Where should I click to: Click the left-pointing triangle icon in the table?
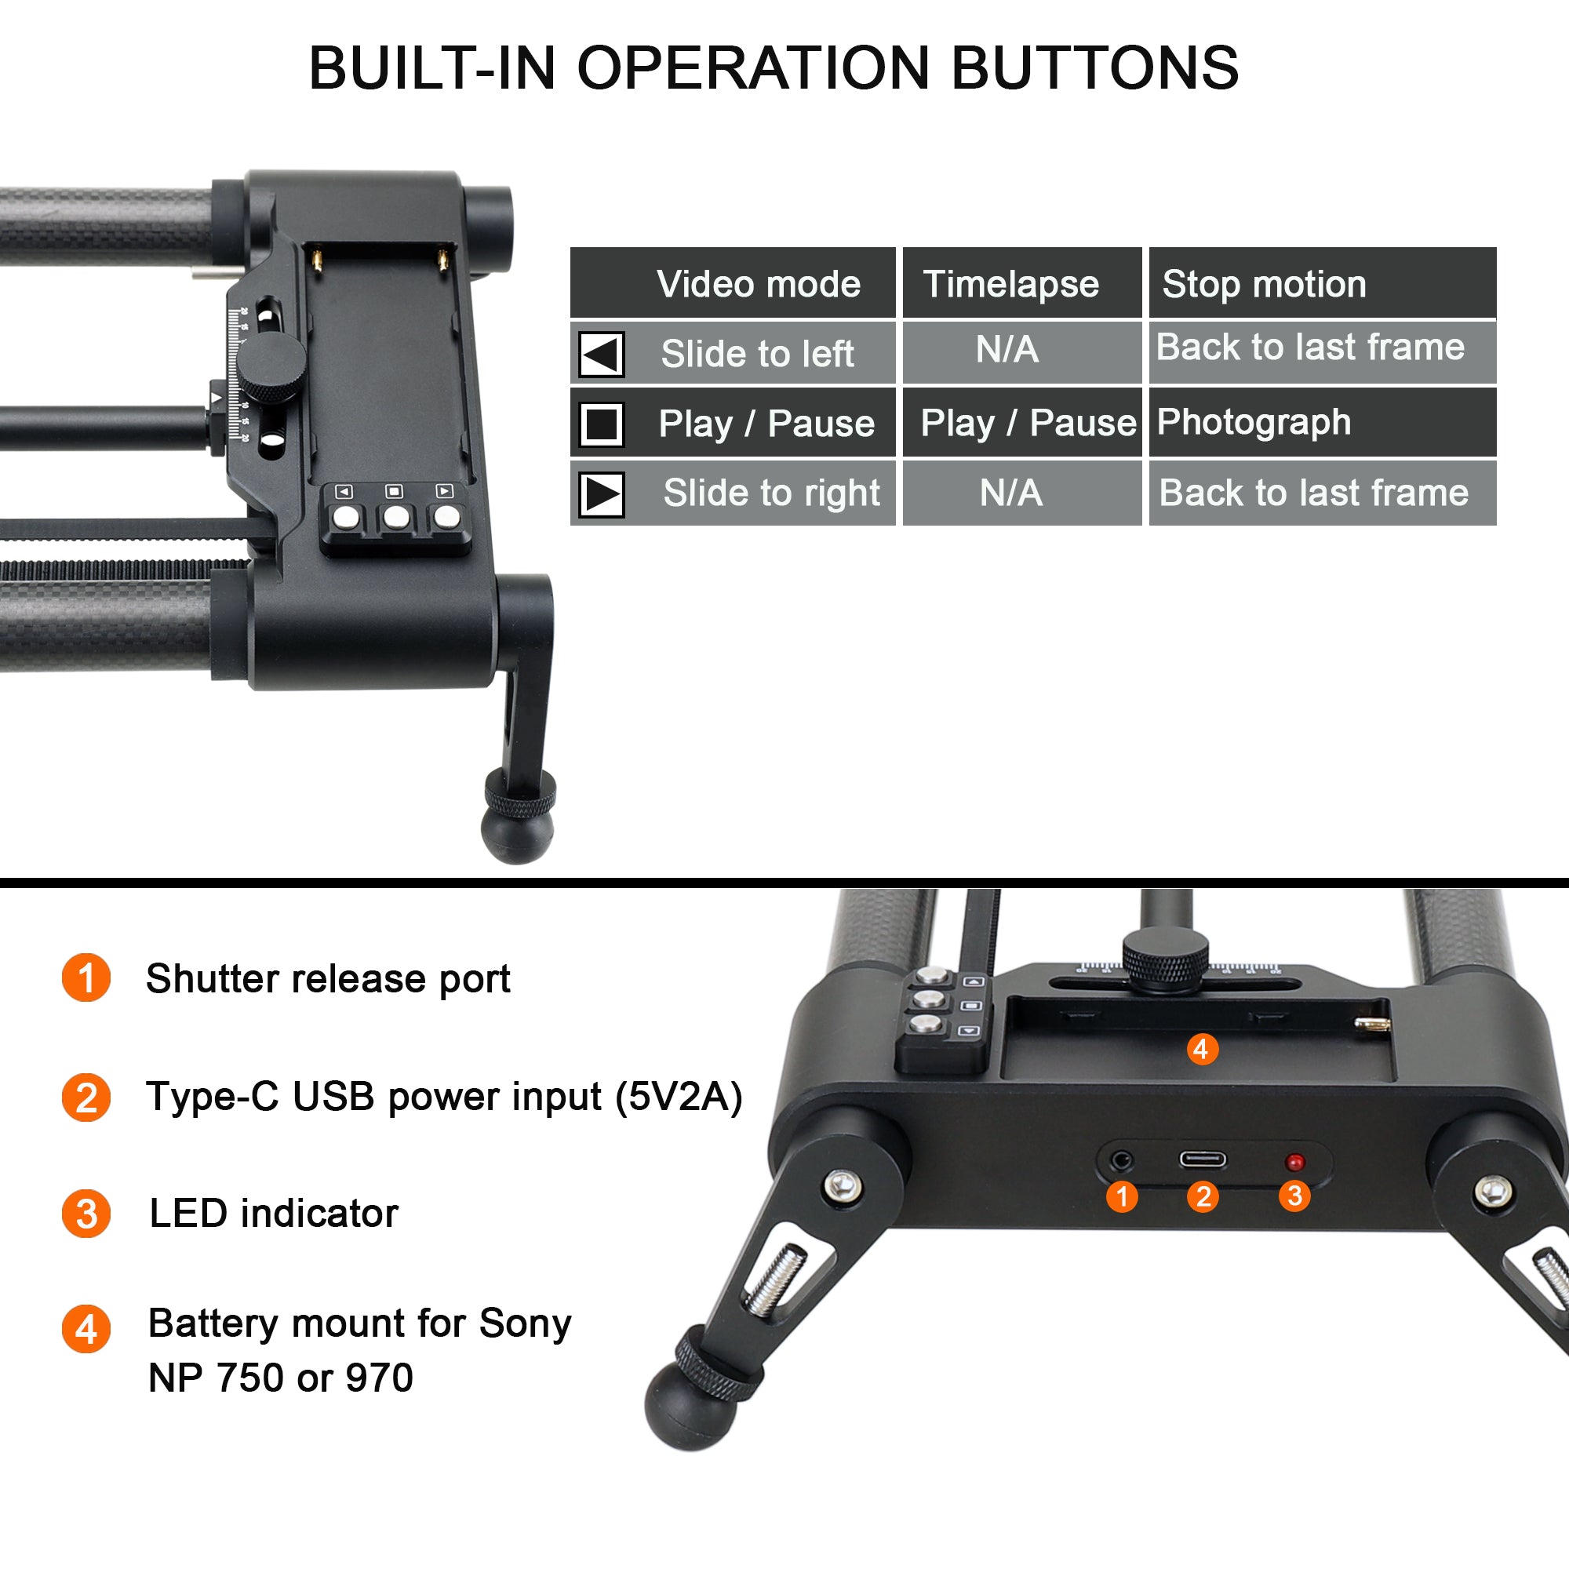pos(602,354)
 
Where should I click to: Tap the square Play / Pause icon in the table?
pos(602,424)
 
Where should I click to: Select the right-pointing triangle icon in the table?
pos(602,493)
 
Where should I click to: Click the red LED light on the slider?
pos(1295,1162)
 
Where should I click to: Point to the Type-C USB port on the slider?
pos(1203,1159)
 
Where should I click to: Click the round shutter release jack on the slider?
pos(1123,1160)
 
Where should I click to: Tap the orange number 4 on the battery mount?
pos(1202,1049)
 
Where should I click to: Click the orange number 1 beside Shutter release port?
pos(86,977)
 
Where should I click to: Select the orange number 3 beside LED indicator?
pos(86,1214)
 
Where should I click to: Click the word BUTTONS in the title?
pos(1094,67)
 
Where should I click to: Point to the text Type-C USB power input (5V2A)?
pos(444,1098)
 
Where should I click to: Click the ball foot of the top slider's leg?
pos(518,832)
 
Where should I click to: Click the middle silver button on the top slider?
pos(396,516)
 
